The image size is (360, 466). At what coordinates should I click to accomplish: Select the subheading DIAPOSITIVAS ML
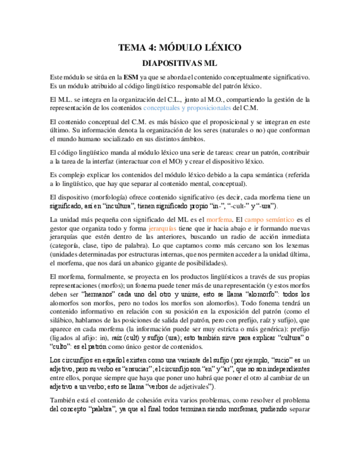pos(180,63)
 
